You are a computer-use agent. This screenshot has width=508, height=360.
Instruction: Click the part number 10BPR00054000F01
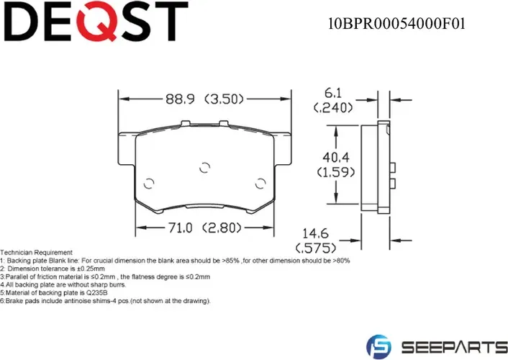tap(396, 23)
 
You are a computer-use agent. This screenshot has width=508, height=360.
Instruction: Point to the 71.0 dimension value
tap(180, 229)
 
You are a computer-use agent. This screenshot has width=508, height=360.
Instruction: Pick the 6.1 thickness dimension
tap(332, 94)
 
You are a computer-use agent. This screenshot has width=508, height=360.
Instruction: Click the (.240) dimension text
tap(332, 108)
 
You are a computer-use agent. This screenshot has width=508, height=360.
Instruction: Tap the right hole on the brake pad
tap(259, 182)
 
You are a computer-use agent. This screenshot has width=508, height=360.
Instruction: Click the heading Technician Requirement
tap(37, 253)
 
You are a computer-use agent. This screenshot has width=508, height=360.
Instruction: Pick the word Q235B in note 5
tap(98, 293)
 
